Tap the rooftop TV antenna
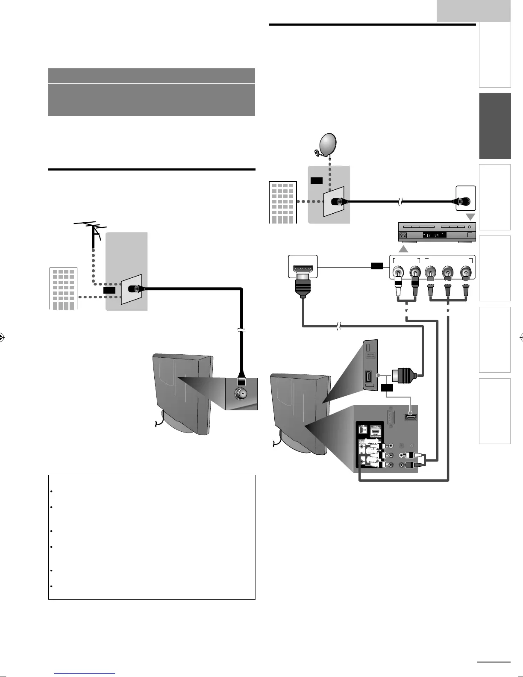point(91,231)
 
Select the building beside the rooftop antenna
point(63,288)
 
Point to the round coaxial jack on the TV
point(241,394)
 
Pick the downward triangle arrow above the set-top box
point(470,217)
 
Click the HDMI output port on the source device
point(303,269)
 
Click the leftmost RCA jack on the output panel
point(399,271)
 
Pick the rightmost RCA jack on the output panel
point(466,271)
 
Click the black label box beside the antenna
point(109,290)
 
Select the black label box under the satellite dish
point(317,181)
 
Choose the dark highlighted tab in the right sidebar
point(495,126)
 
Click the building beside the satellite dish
point(282,203)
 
